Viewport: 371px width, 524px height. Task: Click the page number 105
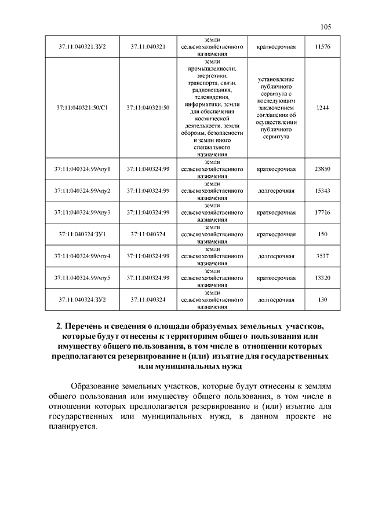pos(325,27)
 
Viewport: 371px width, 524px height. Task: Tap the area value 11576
pos(322,46)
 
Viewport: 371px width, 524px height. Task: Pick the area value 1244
pos(322,108)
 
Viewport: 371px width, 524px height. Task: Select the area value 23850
pos(322,169)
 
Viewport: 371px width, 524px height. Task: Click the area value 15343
pos(322,190)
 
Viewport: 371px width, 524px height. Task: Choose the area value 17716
pos(322,212)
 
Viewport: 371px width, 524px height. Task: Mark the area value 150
pos(322,234)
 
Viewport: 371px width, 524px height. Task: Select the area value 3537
pos(322,256)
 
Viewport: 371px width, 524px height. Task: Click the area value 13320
pos(322,278)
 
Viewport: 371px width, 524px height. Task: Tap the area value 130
pos(322,300)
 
